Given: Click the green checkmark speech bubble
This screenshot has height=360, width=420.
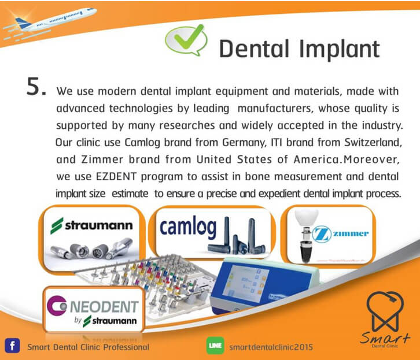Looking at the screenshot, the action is coord(186,40).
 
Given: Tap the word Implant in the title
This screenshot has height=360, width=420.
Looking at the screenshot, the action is coord(340,49).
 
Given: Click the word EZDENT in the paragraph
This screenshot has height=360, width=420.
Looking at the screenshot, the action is coord(116,177).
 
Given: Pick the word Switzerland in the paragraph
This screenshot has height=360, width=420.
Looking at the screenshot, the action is coord(373,143).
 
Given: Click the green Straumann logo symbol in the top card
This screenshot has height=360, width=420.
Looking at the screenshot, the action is coord(57,225).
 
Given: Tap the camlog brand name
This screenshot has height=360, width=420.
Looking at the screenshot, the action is coord(188,227).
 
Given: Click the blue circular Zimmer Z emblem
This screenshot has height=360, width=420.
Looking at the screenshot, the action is coord(320,235).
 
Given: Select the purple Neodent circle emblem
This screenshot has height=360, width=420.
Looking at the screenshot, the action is coord(56,306).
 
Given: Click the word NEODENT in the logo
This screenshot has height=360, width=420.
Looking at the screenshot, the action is coord(104,307).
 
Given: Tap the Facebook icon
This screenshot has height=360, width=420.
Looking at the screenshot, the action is coord(12,346).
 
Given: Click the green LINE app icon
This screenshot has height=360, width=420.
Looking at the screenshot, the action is coord(215,346).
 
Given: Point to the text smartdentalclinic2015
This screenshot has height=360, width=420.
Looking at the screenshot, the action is coord(271,347).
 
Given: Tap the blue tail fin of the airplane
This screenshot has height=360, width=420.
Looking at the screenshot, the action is coord(23,23).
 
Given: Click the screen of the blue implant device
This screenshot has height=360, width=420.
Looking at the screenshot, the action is coord(246,281).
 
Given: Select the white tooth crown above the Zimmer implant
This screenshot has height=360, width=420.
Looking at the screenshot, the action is coord(307,217).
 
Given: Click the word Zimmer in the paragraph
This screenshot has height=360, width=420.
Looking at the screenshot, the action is coord(102,159).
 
